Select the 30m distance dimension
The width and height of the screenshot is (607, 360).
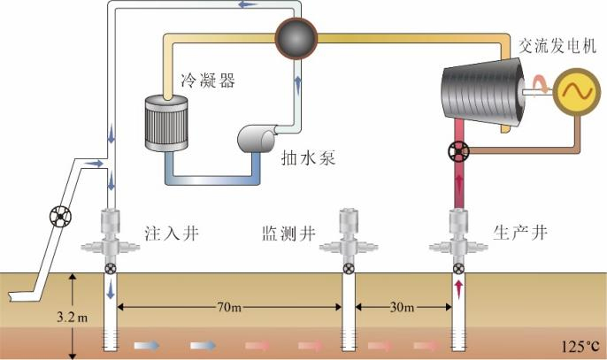pyautogui.click(x=403, y=307)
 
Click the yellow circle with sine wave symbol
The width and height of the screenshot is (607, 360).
pyautogui.click(x=572, y=92)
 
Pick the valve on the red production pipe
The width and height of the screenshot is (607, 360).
pyautogui.click(x=457, y=154)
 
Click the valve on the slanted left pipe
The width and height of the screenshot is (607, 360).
pyautogui.click(x=59, y=216)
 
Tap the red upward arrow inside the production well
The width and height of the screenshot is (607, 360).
pyautogui.click(x=458, y=287)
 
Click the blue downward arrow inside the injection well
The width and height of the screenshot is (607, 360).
pyautogui.click(x=111, y=290)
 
